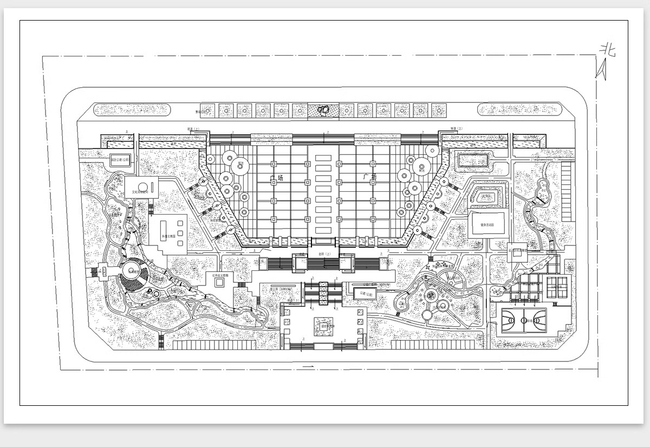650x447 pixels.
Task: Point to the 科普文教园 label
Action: point(168,237)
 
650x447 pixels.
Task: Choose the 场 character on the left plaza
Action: point(279,178)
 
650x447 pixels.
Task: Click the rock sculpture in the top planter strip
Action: point(324,110)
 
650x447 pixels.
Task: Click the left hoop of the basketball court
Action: point(503,320)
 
